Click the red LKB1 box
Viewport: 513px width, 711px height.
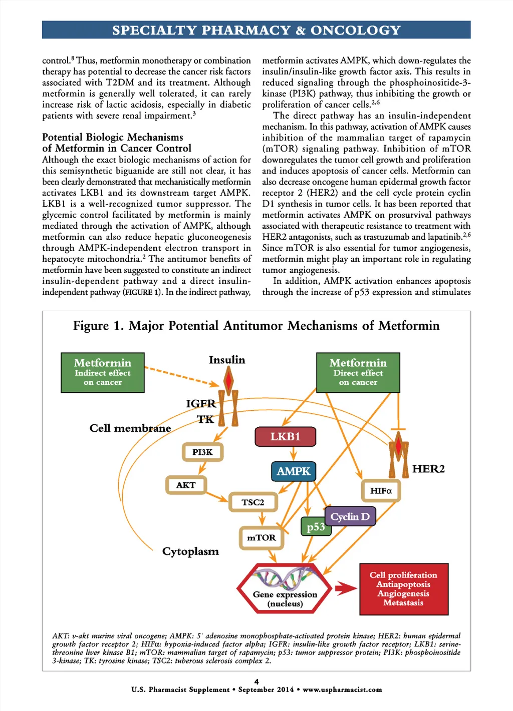[x=285, y=436]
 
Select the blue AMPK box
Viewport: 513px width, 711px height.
[x=294, y=471]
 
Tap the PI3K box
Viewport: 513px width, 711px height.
[x=202, y=452]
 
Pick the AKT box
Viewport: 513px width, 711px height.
[x=186, y=485]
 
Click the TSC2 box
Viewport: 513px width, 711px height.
[x=253, y=502]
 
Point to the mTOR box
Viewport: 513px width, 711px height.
[x=261, y=538]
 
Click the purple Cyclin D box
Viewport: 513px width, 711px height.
[x=350, y=516]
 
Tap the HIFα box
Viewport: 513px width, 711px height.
[x=381, y=491]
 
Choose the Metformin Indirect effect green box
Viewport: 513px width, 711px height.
[x=103, y=373]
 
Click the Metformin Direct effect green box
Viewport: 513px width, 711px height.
[x=358, y=373]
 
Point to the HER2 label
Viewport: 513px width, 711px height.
[x=428, y=469]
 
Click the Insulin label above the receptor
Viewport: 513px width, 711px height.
[x=227, y=360]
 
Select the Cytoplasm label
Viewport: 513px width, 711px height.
[x=190, y=551]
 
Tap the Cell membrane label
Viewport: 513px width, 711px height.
[x=130, y=428]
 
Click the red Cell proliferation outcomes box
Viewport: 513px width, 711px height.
[x=404, y=589]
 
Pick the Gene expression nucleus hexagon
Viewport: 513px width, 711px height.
[x=285, y=589]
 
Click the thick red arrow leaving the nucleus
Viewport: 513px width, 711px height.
[x=346, y=588]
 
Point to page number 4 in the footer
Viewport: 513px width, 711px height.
[x=256, y=681]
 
